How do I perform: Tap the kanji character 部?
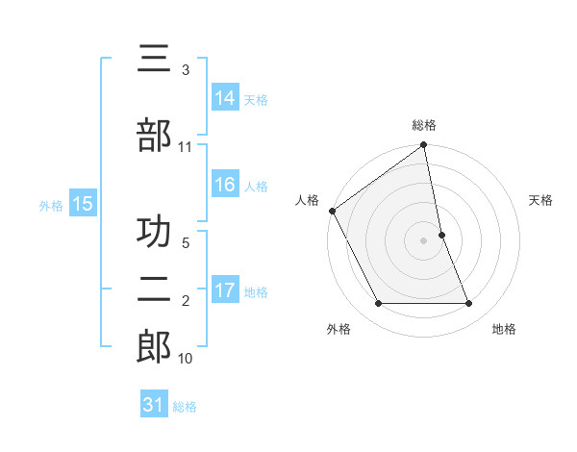point(154,136)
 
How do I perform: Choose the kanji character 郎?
point(154,347)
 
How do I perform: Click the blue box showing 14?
point(225,97)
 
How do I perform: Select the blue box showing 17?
point(225,289)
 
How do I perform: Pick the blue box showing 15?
point(83,203)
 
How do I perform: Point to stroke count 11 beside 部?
point(186,147)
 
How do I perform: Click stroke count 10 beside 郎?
point(186,359)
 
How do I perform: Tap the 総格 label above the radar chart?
point(424,125)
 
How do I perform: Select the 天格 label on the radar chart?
point(541,200)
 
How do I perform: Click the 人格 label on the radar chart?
point(308,200)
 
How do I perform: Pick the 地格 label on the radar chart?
point(504,329)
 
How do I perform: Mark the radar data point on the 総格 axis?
point(424,146)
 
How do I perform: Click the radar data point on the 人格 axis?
point(333,211)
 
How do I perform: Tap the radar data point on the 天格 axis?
point(441,235)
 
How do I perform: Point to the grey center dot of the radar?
point(424,240)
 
